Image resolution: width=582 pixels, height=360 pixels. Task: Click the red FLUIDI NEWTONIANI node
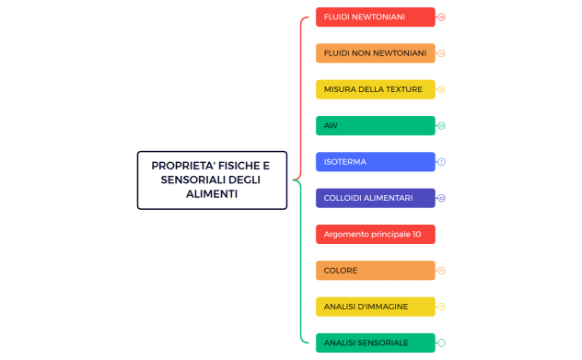[x=375, y=17]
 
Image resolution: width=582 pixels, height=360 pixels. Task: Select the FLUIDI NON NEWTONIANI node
[x=375, y=53]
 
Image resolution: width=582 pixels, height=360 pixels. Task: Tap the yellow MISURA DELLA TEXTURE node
[x=375, y=89]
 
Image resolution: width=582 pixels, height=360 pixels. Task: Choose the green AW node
[x=375, y=125]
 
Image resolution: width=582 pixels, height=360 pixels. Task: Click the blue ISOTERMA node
[x=375, y=162]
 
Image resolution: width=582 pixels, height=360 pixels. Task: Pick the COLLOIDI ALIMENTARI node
[x=375, y=198]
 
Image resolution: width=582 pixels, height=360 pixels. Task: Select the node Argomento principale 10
[x=375, y=234]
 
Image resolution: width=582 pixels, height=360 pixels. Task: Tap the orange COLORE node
[x=375, y=271]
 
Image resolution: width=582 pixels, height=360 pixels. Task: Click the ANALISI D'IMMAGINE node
[x=375, y=307]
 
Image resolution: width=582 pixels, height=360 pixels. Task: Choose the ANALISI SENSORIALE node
[x=375, y=343]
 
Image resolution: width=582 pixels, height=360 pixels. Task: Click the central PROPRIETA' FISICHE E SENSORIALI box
[x=212, y=180]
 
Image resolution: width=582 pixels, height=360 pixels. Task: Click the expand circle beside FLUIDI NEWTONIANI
[x=442, y=17]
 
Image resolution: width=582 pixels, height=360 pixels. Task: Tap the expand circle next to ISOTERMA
[x=442, y=162]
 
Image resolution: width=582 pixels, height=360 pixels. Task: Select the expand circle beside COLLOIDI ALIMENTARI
[x=442, y=198]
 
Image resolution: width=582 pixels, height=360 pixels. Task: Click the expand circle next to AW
[x=442, y=125]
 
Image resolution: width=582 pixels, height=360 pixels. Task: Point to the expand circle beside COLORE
[x=442, y=271]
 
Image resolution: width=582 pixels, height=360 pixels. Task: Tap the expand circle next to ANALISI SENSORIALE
[x=442, y=343]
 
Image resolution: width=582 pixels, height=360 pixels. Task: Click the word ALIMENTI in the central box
[x=212, y=194]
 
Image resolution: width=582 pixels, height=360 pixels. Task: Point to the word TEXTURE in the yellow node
[x=404, y=89]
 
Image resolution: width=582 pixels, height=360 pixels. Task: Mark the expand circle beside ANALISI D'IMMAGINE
[x=442, y=307]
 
